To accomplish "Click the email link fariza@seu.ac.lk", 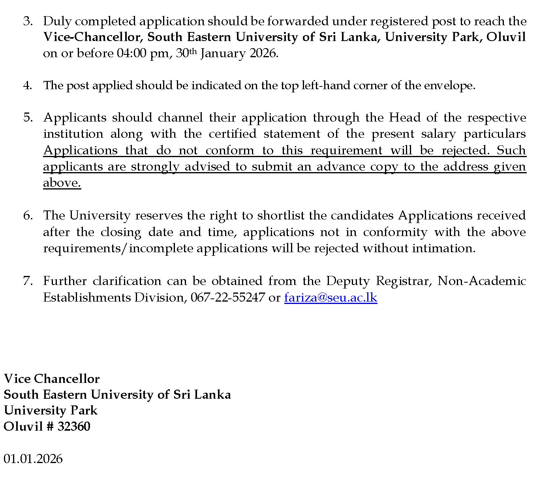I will point(331,297).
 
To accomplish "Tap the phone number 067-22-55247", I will point(227,297).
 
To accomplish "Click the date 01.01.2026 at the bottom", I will point(33,459).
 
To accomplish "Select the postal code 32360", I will point(74,426).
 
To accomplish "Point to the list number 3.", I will point(27,21).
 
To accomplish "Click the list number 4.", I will point(27,85).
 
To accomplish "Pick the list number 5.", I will point(27,118).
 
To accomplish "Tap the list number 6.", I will point(27,216).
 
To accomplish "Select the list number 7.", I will point(27,281).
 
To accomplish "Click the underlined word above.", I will point(62,183).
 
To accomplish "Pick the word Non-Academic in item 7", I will point(482,281).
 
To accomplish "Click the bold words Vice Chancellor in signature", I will point(52,379).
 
